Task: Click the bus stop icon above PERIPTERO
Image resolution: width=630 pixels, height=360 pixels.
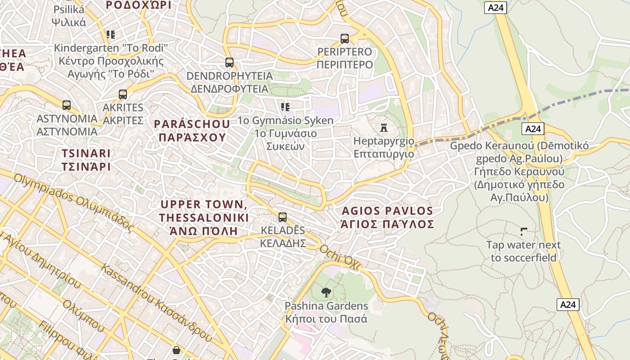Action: [x=345, y=39]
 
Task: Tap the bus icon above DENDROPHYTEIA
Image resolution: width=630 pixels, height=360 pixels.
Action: [x=229, y=63]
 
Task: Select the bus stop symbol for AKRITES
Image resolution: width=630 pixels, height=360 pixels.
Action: [x=123, y=94]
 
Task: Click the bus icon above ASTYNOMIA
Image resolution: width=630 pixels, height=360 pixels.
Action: [x=67, y=105]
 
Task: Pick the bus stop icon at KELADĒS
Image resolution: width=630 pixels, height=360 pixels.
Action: [x=283, y=217]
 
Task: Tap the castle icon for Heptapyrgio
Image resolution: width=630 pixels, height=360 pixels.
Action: [x=384, y=128]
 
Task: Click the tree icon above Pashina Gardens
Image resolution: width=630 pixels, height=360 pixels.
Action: [x=326, y=292]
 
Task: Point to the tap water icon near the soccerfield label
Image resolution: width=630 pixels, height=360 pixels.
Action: [x=524, y=232]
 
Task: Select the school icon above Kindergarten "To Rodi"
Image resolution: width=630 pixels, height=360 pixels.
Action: [x=111, y=34]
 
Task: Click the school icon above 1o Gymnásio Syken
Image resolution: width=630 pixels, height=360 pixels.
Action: [x=285, y=107]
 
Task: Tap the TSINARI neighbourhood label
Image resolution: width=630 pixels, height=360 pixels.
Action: [x=86, y=160]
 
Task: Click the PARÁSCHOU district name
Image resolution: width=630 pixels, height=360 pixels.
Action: [x=192, y=130]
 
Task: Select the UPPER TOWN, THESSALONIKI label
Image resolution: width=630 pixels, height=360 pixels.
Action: [x=204, y=218]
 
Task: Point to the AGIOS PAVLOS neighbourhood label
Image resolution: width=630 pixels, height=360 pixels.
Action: [x=387, y=217]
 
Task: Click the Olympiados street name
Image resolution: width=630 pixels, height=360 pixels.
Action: [x=74, y=202]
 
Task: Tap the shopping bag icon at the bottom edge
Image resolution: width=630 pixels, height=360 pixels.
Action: [x=176, y=350]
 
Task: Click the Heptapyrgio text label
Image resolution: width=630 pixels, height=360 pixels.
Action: [x=383, y=147]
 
